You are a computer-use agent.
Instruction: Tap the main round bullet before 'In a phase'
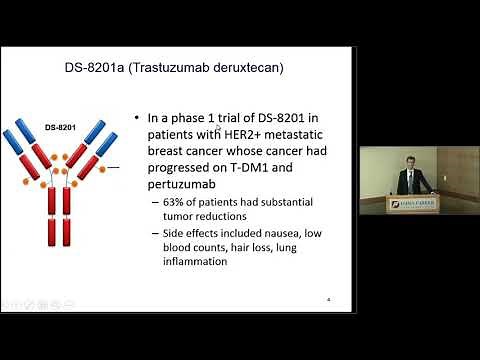click(x=138, y=120)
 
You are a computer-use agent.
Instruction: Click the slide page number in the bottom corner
click(x=329, y=299)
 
